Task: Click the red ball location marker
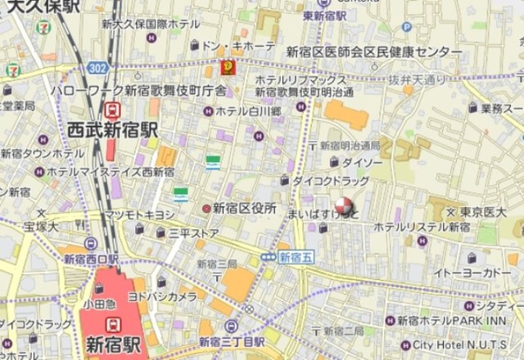click(343, 207)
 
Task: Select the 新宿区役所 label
click(244, 209)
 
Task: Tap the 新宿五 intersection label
click(296, 257)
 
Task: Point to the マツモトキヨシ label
click(138, 214)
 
